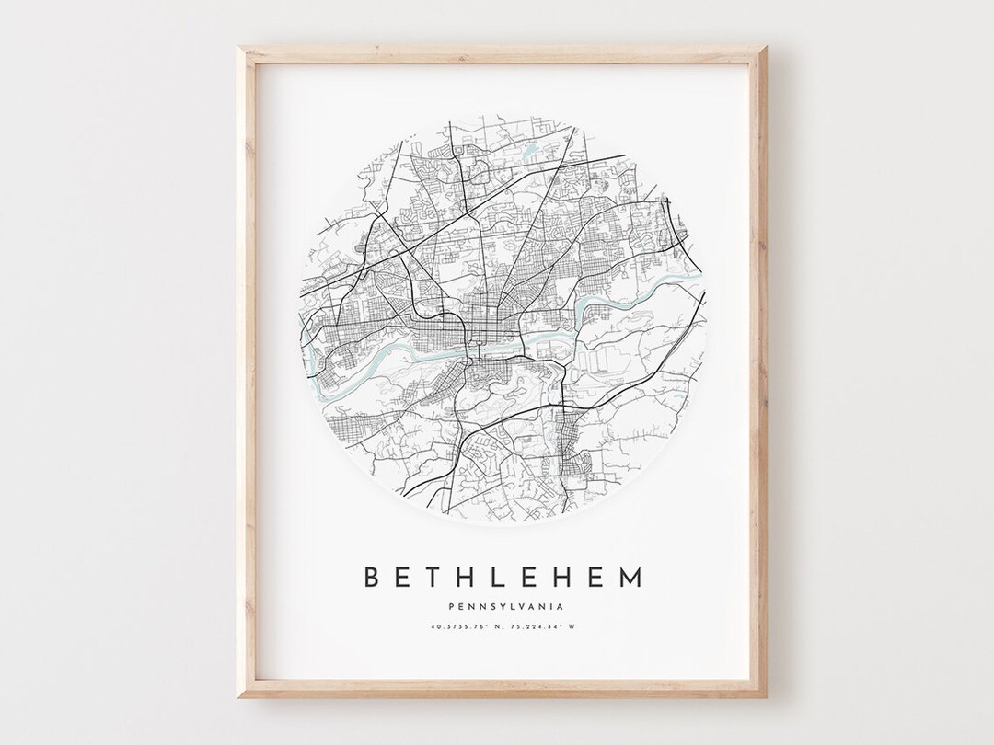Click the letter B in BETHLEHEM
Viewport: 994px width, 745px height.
click(x=373, y=577)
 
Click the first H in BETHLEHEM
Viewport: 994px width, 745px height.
click(x=472, y=577)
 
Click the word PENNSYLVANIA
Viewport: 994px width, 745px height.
click(x=503, y=606)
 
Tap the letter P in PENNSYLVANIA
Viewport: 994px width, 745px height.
click(x=445, y=606)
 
